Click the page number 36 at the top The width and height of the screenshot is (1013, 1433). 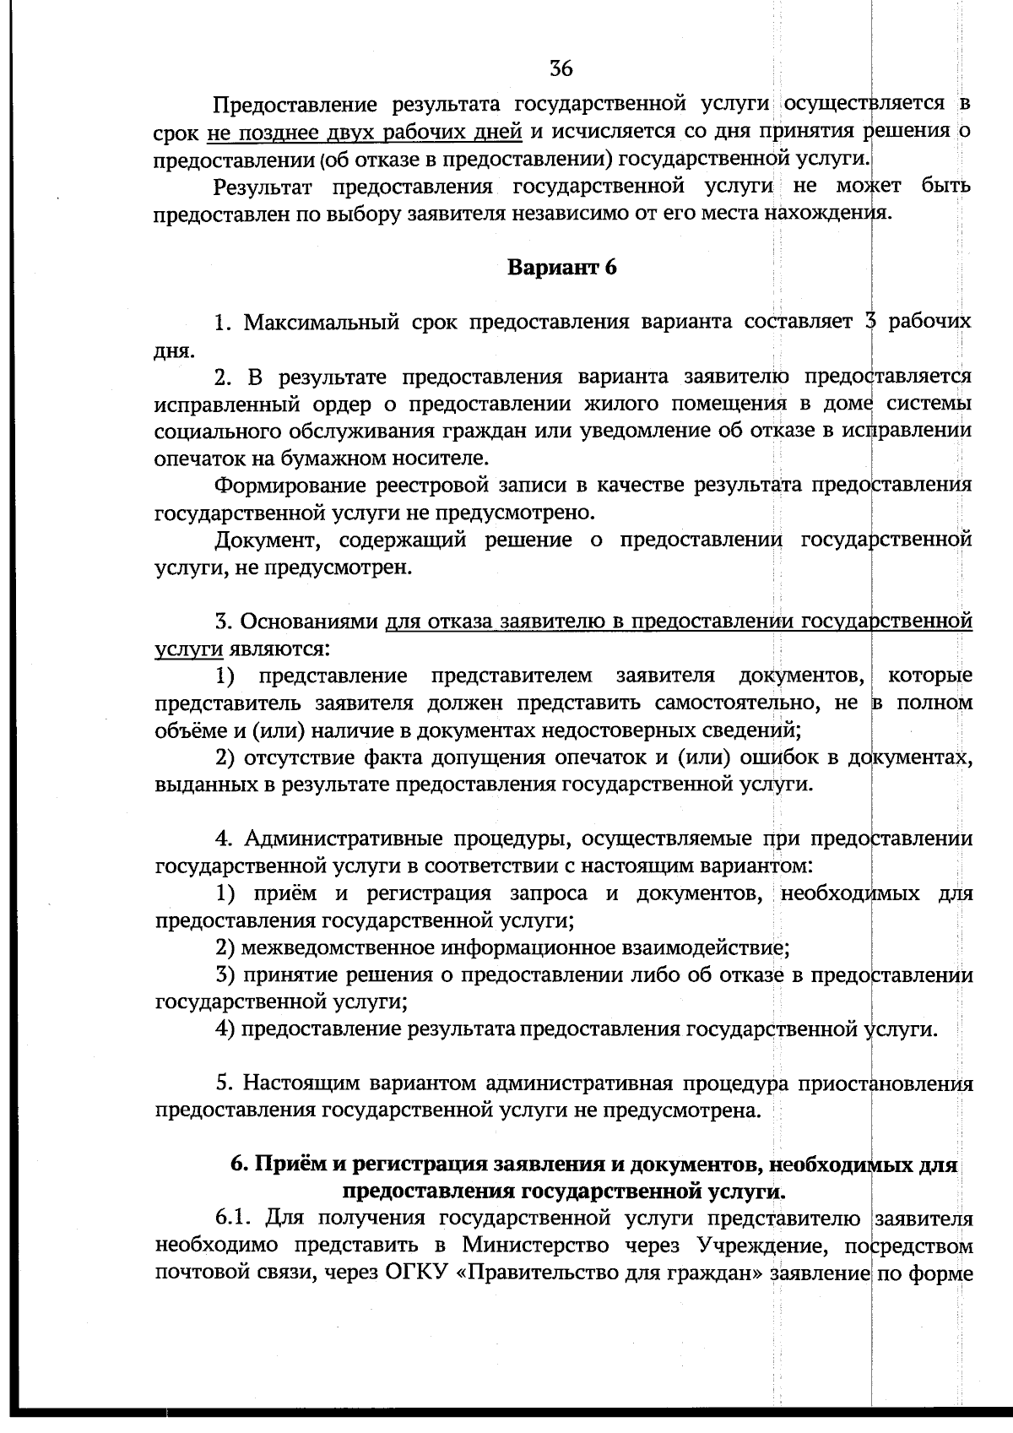pos(561,68)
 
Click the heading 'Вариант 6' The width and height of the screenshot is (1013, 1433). pos(561,268)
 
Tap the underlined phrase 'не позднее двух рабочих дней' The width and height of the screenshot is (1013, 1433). pos(364,132)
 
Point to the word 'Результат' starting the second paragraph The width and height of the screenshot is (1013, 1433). pos(263,186)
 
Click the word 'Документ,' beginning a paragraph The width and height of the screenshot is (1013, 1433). pos(264,540)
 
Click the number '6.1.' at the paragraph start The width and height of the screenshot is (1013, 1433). pos(235,1219)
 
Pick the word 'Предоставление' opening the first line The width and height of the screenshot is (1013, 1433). pos(294,105)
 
